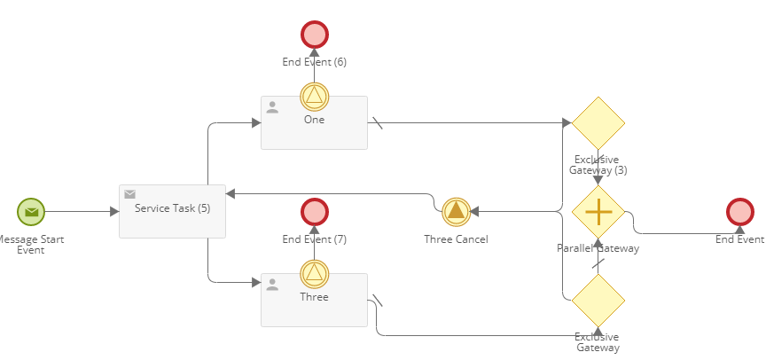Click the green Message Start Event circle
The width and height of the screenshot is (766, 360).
(31, 212)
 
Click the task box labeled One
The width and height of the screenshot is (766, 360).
(314, 129)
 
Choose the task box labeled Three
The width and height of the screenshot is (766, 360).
(314, 306)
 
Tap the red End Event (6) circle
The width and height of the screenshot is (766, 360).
(315, 35)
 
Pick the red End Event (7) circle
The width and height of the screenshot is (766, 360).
(315, 212)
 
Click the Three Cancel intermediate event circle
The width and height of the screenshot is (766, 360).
(456, 212)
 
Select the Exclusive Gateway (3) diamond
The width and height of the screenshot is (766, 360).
(598, 123)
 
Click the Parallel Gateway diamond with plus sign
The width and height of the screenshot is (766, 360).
(598, 212)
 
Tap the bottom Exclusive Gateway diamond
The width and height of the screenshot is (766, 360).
(598, 301)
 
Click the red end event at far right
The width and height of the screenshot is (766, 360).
(740, 212)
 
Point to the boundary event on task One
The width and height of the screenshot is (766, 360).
(315, 96)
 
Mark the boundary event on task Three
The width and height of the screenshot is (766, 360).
(315, 273)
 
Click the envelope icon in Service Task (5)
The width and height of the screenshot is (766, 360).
(129, 194)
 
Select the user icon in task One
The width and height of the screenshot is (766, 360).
(272, 107)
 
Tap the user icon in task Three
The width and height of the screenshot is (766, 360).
(272, 285)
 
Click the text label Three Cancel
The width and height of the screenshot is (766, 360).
(456, 239)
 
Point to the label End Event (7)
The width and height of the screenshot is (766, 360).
(315, 239)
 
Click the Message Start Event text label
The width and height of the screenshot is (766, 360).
(31, 245)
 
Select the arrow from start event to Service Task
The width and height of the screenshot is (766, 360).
(80, 212)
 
